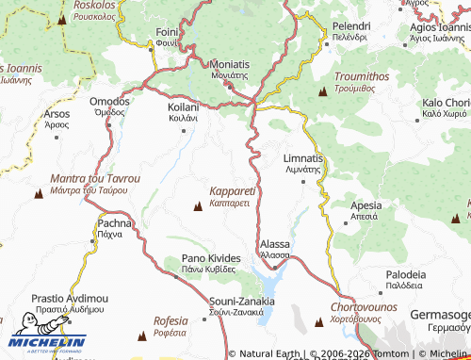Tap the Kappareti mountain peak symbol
pyautogui.click(x=197, y=205)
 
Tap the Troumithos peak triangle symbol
pyautogui.click(x=323, y=93)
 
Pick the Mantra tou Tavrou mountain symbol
pyautogui.click(x=39, y=195)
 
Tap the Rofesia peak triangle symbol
pyautogui.click(x=141, y=335)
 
